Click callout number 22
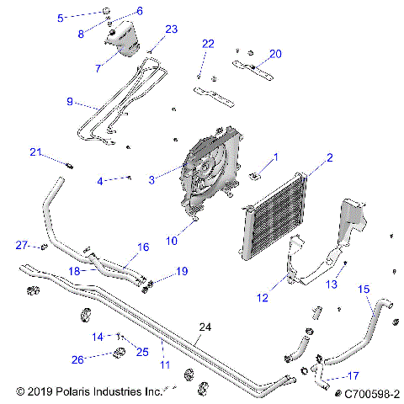pos(208,44)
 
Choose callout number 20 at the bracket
pos(274,54)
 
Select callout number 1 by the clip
pos(274,157)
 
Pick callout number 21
pos(35,152)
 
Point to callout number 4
pos(100,181)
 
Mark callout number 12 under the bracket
pos(263,297)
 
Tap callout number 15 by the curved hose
pos(364,289)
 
